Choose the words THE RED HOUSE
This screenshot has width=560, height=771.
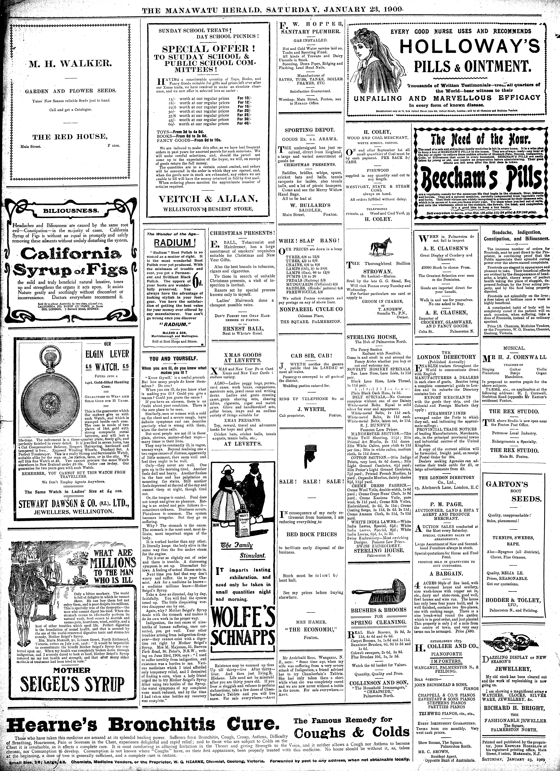tap(69, 137)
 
